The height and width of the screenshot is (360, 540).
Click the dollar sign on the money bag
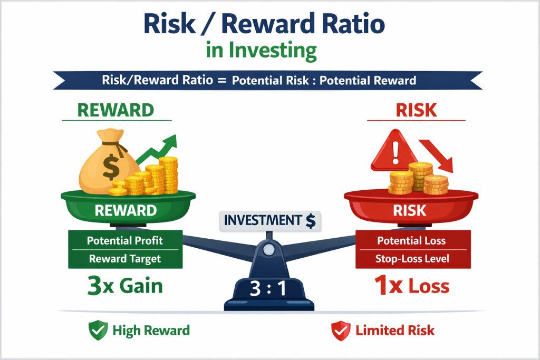111,167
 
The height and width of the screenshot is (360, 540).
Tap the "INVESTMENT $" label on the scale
269,221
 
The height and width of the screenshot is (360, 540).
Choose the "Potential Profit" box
126,241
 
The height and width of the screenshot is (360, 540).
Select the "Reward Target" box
126,259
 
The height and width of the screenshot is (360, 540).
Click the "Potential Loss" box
411,241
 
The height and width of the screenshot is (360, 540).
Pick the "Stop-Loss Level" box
411,259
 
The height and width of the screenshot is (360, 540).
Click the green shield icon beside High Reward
97,330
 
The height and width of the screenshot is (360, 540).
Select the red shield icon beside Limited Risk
339,330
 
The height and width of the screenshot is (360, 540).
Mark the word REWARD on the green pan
126,210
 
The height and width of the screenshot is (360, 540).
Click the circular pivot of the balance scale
269,248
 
